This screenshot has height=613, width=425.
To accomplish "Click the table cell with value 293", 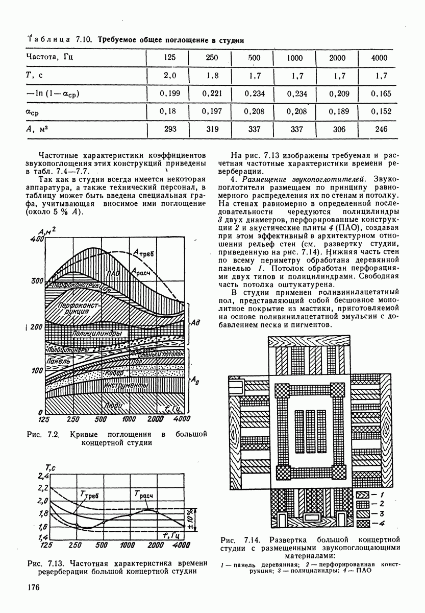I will pyautogui.click(x=170, y=129).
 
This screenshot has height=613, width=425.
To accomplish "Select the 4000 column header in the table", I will pyautogui.click(x=379, y=58).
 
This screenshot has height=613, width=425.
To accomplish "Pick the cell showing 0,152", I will pyautogui.click(x=379, y=111).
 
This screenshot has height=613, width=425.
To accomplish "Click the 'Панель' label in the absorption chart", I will pyautogui.click(x=58, y=361).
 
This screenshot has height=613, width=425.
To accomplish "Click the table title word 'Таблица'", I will pyautogui.click(x=53, y=39).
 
